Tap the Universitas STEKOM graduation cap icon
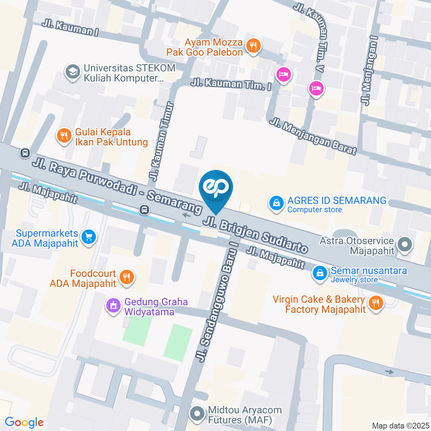pyautogui.click(x=71, y=72)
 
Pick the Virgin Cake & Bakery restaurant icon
pyautogui.click(x=374, y=303)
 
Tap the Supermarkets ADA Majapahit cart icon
pyautogui.click(x=89, y=237)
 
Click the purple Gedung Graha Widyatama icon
pyautogui.click(x=113, y=306)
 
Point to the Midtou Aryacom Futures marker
pyautogui.click(x=197, y=413)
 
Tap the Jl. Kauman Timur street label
pyautogui.click(x=161, y=140)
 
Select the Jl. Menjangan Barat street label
pyautogui.click(x=313, y=136)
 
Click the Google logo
pyautogui.click(x=24, y=422)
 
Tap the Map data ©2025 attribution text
pyautogui.click(x=400, y=425)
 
